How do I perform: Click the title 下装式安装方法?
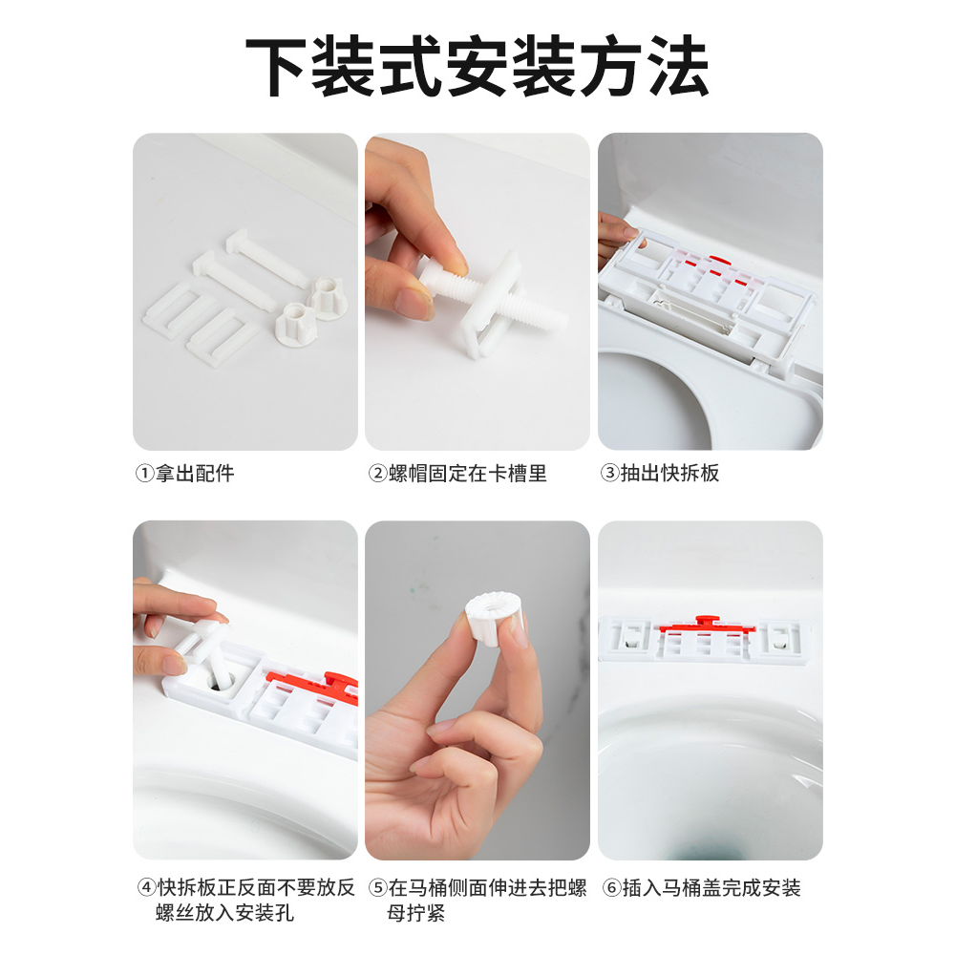tap(477, 68)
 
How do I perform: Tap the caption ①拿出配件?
tap(183, 474)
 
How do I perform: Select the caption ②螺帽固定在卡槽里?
tap(457, 474)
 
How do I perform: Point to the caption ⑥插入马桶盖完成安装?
tap(701, 888)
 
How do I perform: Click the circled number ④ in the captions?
tap(145, 888)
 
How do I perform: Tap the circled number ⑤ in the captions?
tap(378, 888)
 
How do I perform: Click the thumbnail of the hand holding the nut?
tap(477, 690)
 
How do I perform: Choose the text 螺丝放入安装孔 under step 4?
tap(224, 914)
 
